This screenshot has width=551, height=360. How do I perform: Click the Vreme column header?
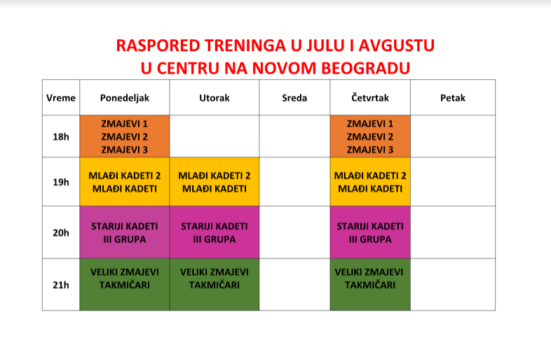[x=61, y=97]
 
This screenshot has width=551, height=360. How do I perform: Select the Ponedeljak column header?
[x=125, y=97]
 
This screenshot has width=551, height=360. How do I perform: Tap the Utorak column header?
[x=215, y=97]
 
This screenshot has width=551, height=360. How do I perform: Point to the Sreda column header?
[x=294, y=97]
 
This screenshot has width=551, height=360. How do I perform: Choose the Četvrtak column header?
[x=370, y=97]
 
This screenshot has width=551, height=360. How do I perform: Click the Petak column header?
[x=453, y=97]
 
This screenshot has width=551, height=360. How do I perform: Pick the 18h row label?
[x=61, y=137]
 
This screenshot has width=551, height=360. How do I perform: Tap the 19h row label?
[x=61, y=182]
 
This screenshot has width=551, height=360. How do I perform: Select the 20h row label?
[x=61, y=233]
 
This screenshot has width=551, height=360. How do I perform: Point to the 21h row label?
[x=61, y=285]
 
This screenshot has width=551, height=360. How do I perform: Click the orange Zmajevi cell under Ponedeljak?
[x=125, y=137]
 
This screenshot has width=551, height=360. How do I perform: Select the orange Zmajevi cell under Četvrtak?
[x=370, y=137]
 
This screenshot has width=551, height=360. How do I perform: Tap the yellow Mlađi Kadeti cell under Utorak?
[x=215, y=182]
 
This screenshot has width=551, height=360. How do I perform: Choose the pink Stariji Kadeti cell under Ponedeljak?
[x=125, y=233]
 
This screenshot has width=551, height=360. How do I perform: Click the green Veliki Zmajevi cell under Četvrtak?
[x=370, y=285]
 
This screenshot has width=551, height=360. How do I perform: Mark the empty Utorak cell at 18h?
[x=215, y=137]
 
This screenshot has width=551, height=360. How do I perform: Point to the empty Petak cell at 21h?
[x=453, y=285]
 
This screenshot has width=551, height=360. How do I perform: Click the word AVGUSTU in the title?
[x=396, y=46]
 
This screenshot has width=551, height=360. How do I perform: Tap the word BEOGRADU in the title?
[x=365, y=68]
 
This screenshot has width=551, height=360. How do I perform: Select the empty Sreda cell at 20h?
[x=294, y=233]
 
